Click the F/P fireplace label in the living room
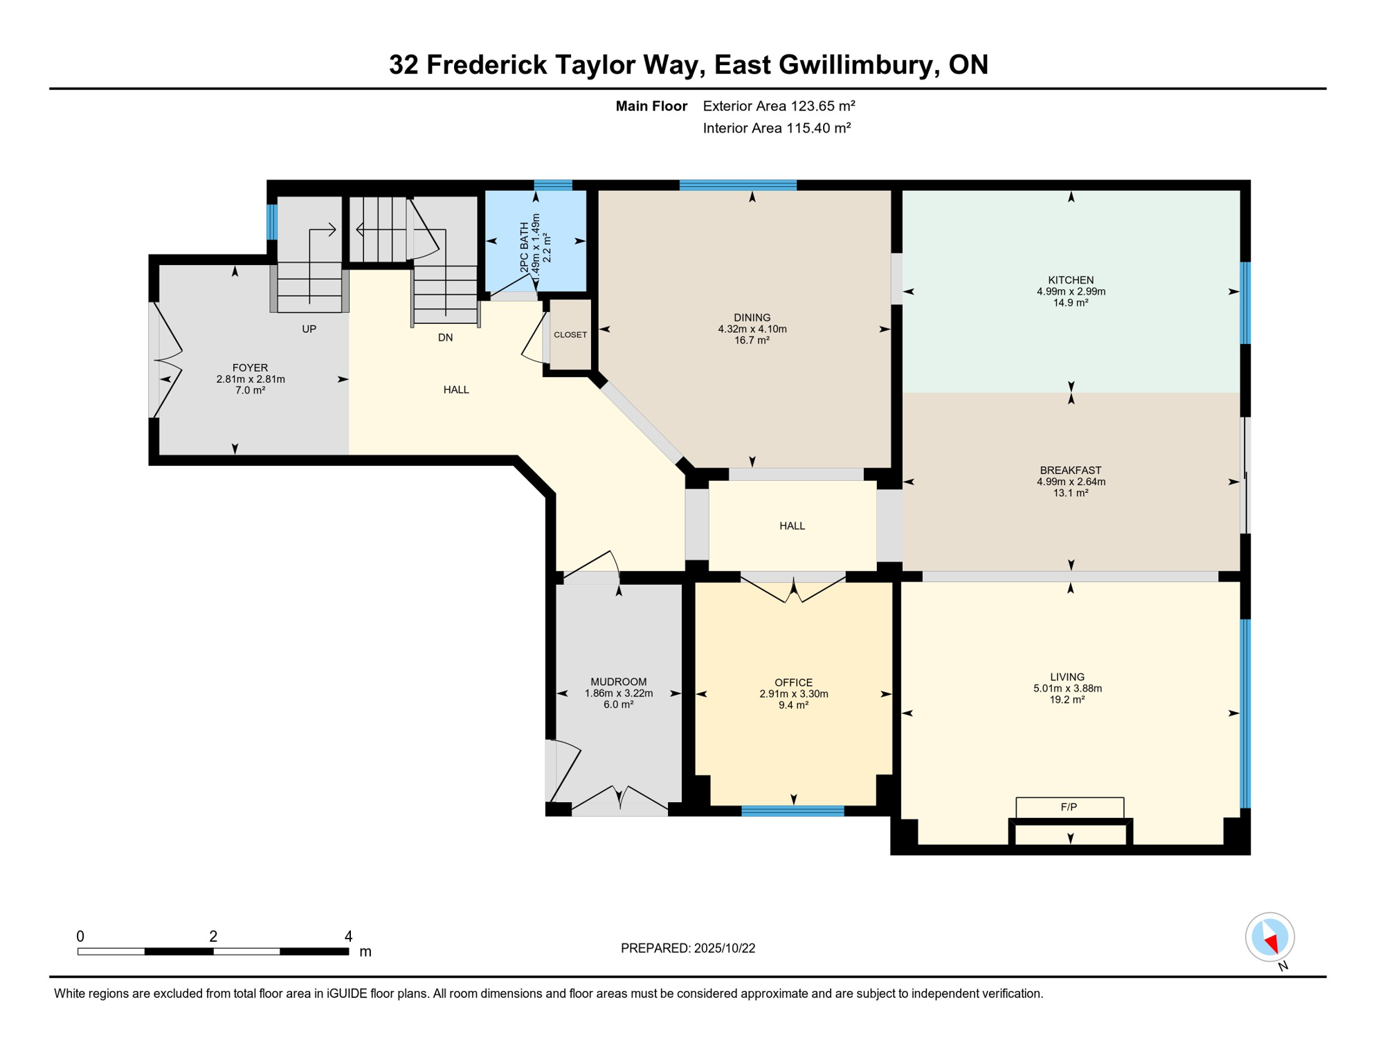tap(1069, 807)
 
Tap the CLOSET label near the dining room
tap(570, 335)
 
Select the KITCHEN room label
tap(1071, 280)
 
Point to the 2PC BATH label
tap(525, 247)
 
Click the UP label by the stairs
tap(309, 329)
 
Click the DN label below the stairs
tap(445, 338)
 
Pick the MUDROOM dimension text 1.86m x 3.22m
tap(619, 693)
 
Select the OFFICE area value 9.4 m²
tap(793, 705)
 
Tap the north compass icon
tap(1269, 937)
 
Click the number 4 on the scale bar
tap(348, 936)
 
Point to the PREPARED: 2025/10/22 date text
tap(688, 948)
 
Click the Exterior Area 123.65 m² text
tap(779, 106)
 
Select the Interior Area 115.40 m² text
tap(777, 128)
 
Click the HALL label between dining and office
tap(792, 526)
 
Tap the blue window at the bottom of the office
tap(793, 811)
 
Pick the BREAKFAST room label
tap(1071, 471)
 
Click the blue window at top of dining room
tap(738, 185)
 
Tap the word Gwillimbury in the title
tap(858, 65)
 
